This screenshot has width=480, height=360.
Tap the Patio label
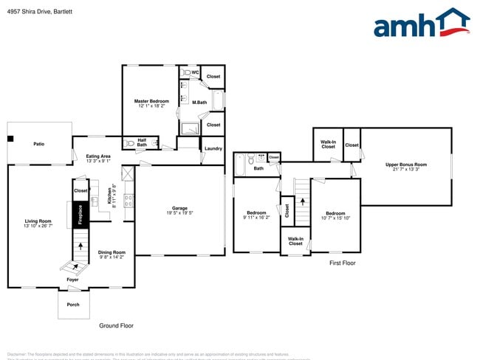[x=38, y=143]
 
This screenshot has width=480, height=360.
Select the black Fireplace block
[x=80, y=216]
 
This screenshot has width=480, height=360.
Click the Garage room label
[x=179, y=208]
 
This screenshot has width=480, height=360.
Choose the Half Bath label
[x=142, y=142]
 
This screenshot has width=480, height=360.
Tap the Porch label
[x=73, y=303]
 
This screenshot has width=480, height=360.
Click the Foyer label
[x=72, y=280]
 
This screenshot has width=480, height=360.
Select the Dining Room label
[x=112, y=252]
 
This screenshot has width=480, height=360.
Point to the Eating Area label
[x=98, y=156]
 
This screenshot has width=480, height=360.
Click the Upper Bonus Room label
[x=406, y=165]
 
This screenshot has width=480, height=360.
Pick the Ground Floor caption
[x=117, y=325]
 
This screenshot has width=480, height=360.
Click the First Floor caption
[x=343, y=263]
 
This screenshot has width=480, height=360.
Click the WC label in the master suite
[x=195, y=72]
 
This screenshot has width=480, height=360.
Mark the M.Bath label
[x=199, y=103]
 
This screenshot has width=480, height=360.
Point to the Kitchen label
[x=109, y=195]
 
